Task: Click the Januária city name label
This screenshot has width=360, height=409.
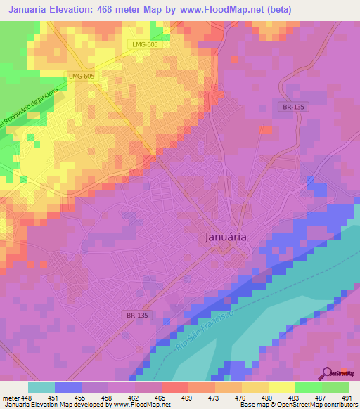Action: point(225,237)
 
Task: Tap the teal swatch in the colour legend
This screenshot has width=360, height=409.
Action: point(41,387)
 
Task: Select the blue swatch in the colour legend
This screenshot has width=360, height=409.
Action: point(67,387)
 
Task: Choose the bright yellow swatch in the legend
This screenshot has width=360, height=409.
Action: point(281,387)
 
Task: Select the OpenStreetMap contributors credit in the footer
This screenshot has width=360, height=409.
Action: point(307,405)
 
